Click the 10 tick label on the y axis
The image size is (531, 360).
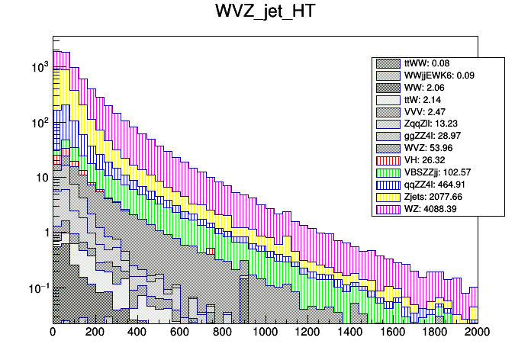click(x=42, y=178)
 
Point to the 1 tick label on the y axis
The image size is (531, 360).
click(x=44, y=233)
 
